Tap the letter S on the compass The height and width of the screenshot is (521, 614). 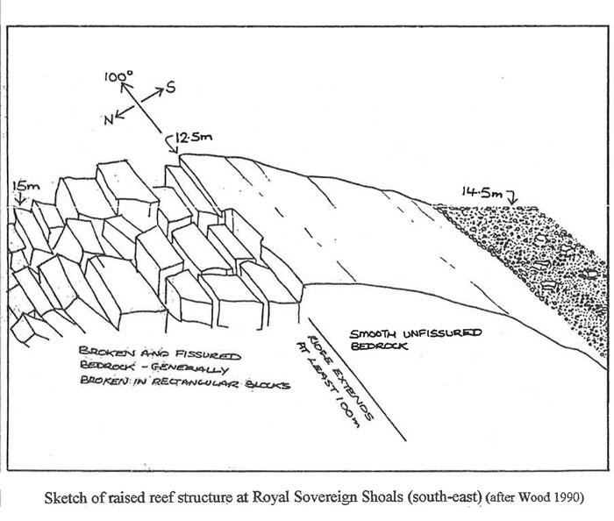(x=170, y=87)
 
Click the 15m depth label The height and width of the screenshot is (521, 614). (x=23, y=187)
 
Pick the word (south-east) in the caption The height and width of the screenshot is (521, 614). (x=444, y=497)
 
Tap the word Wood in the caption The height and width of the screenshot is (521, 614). (x=537, y=497)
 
